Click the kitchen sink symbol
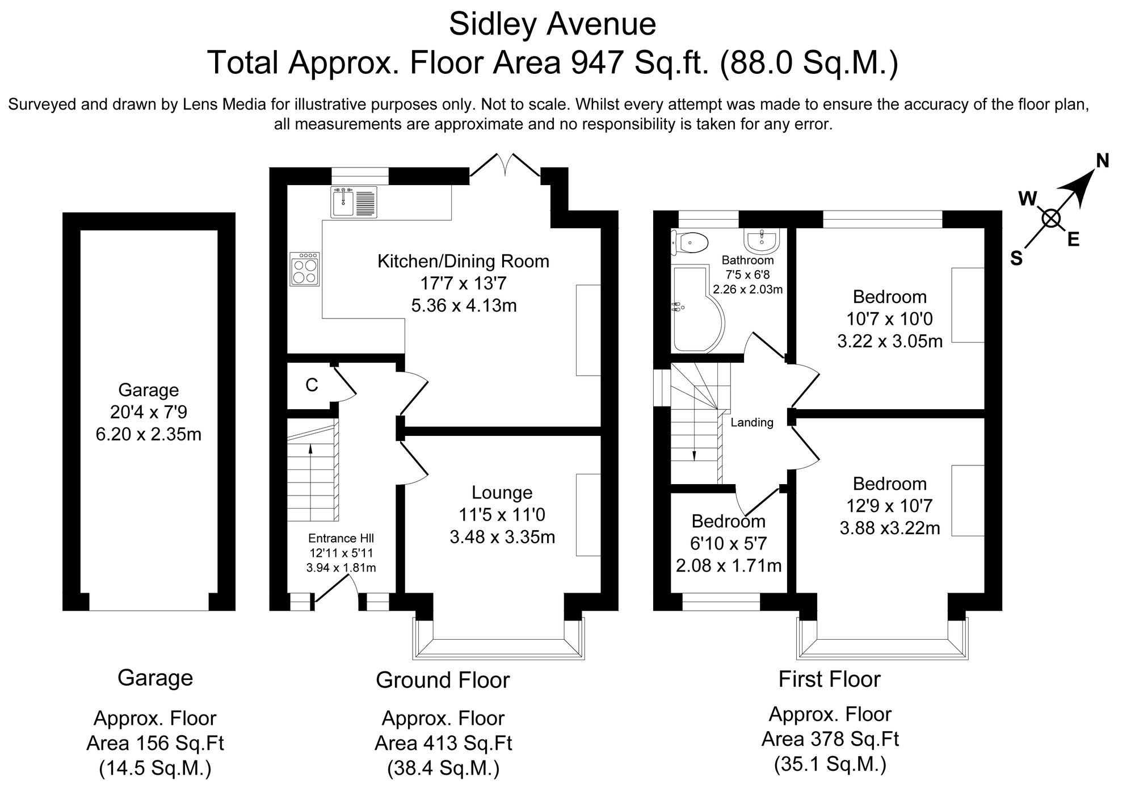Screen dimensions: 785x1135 (x=354, y=202)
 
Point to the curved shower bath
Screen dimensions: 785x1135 (x=695, y=309)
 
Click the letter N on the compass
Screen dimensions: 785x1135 (x=1102, y=162)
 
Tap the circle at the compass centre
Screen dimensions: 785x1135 (x=1051, y=219)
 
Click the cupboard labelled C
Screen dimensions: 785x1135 (x=312, y=385)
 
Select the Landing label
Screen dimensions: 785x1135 (x=751, y=422)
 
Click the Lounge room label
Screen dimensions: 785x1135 (x=502, y=493)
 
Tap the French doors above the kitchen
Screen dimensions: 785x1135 (x=505, y=166)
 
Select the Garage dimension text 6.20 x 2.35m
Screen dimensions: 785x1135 (x=149, y=434)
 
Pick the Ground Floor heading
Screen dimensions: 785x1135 (x=443, y=680)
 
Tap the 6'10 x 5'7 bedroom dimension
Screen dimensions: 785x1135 (x=728, y=544)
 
